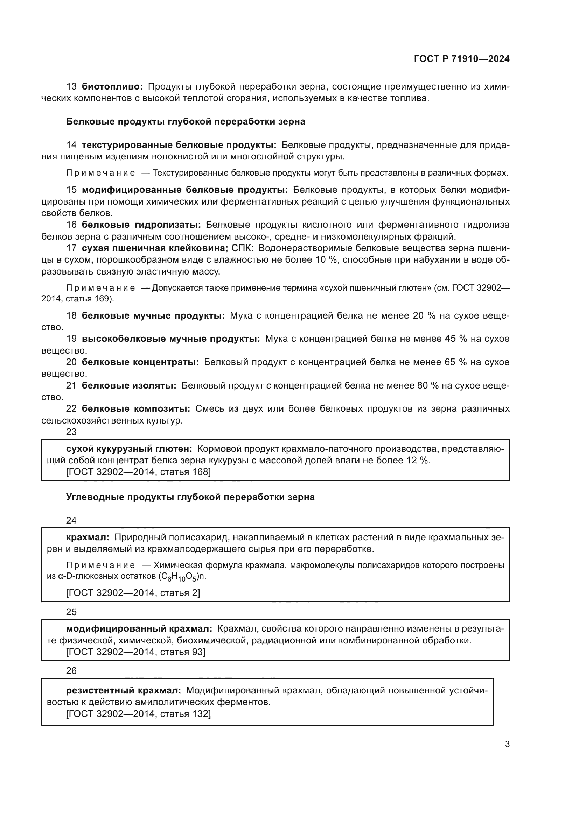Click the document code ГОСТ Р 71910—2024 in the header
click(x=462, y=59)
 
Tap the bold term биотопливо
click(x=112, y=87)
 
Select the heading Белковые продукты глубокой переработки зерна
click(x=186, y=121)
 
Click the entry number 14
click(x=71, y=145)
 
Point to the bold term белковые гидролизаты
click(x=141, y=225)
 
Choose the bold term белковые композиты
click(x=136, y=408)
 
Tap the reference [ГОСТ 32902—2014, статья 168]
click(x=138, y=472)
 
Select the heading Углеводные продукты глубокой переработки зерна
click(x=190, y=497)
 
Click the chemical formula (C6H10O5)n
click(x=182, y=577)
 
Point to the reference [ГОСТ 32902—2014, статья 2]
click(x=133, y=593)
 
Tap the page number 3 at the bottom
click(x=507, y=744)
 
